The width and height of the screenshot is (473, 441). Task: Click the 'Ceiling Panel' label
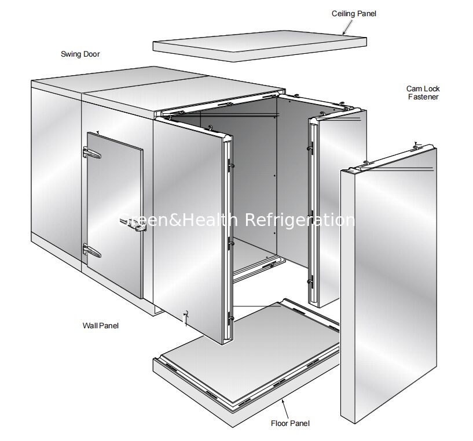(354, 13)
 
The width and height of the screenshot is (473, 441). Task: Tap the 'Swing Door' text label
(80, 54)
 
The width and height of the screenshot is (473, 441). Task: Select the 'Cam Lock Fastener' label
(423, 93)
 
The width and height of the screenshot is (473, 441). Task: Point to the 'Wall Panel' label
(100, 325)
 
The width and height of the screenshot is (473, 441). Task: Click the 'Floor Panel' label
(290, 423)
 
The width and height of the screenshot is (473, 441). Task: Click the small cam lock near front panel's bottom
(185, 316)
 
